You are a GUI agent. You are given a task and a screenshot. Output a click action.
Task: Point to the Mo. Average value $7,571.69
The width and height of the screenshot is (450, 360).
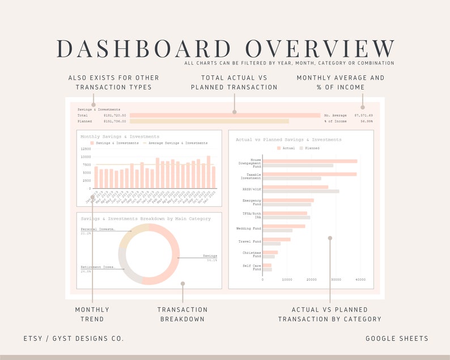(363, 115)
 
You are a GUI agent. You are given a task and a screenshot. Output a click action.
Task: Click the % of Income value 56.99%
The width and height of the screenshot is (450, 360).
(367, 121)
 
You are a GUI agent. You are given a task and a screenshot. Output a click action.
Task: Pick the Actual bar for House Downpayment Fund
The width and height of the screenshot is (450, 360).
(310, 161)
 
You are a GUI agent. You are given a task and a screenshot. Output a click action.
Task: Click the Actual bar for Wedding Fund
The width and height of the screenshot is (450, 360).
(284, 226)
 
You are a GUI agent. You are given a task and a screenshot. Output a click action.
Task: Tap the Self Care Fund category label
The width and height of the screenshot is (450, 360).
(253, 267)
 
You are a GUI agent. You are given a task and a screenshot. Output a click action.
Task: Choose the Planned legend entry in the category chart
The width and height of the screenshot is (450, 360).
(309, 148)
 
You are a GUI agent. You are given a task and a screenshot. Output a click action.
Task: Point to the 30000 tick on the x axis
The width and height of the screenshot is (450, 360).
(336, 279)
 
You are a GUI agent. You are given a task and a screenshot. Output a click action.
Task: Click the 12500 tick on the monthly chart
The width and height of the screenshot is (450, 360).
(86, 149)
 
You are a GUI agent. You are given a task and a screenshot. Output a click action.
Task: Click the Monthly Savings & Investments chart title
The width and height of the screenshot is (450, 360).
(120, 137)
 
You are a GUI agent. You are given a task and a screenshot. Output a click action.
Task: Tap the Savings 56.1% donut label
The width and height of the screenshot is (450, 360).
(210, 258)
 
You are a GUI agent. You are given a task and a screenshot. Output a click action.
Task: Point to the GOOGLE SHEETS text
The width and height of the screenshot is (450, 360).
(397, 338)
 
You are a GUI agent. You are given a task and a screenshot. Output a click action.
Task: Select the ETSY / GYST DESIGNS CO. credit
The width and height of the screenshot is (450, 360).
(74, 338)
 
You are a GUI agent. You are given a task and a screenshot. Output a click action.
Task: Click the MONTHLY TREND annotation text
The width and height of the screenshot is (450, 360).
(92, 314)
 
